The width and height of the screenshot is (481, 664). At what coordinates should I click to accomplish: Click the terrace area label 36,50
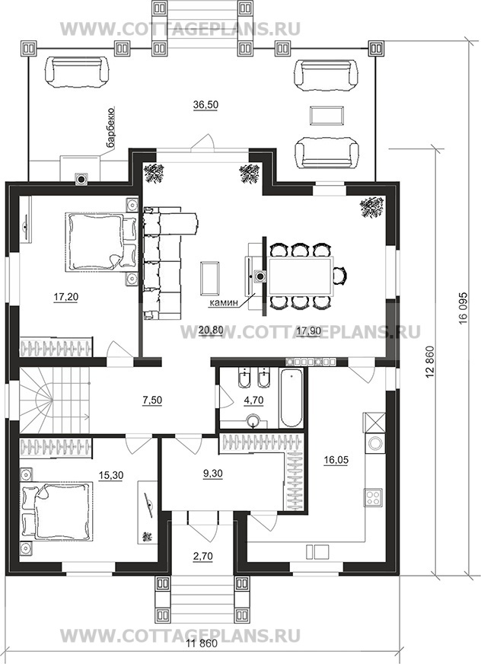tap(205, 105)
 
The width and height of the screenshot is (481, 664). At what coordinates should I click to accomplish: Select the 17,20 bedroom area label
tap(66, 297)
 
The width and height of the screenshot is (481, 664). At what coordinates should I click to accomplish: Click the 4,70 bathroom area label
tap(253, 400)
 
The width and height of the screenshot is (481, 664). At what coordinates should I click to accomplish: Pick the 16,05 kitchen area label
tap(336, 460)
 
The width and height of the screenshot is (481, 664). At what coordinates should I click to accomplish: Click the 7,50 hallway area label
tap(152, 400)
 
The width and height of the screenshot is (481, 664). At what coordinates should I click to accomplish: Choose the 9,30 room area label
tap(212, 473)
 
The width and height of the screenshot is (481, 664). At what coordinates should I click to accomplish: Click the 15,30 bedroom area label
tap(111, 476)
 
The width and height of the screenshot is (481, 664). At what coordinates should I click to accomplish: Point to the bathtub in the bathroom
tap(291, 398)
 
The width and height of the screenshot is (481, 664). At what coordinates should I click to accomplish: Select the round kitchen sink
tap(374, 443)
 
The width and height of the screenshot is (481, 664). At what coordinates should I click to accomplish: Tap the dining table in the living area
tap(300, 275)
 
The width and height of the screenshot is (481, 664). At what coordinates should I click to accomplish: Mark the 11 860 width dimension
tap(202, 656)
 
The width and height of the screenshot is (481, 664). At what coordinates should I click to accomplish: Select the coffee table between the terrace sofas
tap(327, 115)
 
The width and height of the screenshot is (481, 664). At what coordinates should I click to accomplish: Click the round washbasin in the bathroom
tap(253, 421)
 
